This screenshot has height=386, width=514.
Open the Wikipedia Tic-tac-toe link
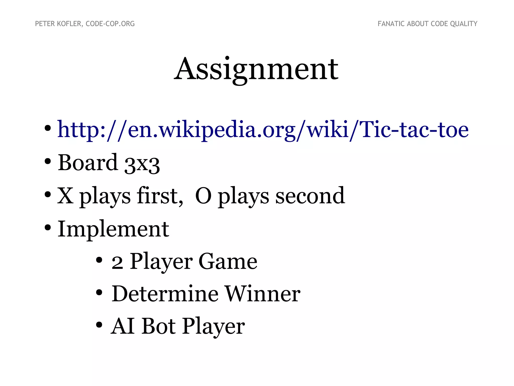click(263, 130)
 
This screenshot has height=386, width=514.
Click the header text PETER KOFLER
click(58, 24)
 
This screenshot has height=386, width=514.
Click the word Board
click(88, 163)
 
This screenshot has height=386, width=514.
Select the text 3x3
click(142, 164)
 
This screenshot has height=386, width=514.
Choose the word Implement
click(113, 229)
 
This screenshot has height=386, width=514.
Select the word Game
click(228, 262)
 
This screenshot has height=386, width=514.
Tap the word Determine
click(165, 294)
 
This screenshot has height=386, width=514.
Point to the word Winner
click(262, 294)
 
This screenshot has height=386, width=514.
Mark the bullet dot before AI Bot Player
click(99, 325)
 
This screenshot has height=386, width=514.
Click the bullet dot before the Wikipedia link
click(47, 128)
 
